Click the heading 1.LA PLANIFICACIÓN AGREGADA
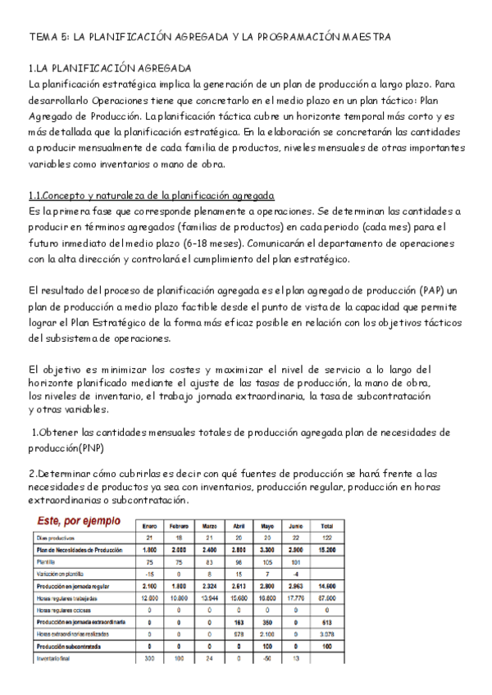pos(110,68)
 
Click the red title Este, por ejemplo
pos(77,522)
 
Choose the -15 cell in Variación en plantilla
pos(150,574)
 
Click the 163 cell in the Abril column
pos(239,622)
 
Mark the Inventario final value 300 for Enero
pos(150,659)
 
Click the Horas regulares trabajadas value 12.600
pos(150,597)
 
